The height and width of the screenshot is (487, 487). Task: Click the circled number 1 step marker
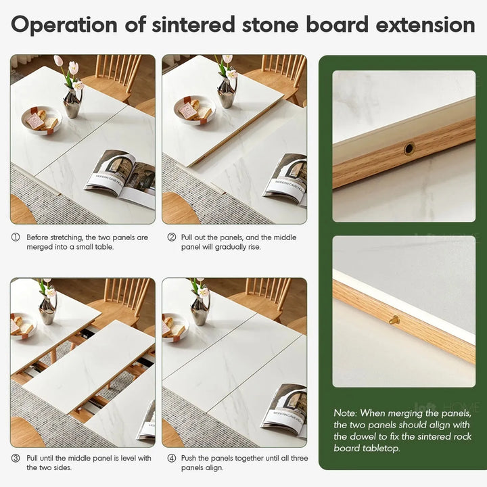[16, 237]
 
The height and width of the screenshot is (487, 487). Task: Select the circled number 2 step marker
[171, 237]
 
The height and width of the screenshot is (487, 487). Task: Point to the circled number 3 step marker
[16, 459]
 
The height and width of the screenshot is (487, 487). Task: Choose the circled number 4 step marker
[171, 459]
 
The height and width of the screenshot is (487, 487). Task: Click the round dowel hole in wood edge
[409, 149]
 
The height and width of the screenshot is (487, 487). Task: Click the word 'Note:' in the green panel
[345, 413]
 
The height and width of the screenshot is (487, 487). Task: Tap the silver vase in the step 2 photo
[227, 93]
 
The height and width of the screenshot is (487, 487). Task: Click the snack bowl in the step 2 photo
[195, 110]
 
